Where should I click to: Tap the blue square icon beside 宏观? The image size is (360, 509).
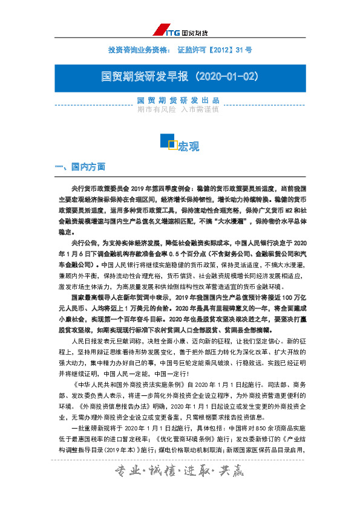point(168,141)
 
